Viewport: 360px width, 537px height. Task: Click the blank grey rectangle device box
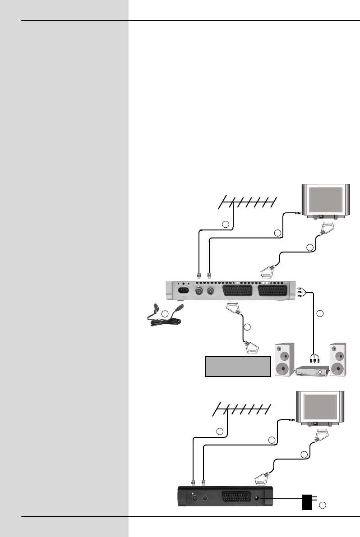(238, 366)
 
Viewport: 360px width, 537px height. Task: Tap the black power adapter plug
(308, 501)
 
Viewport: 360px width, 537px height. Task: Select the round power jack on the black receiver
(258, 497)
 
